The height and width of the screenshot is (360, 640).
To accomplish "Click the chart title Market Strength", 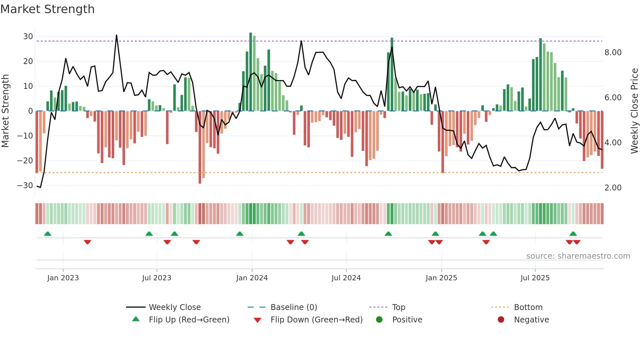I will click(x=47, y=9).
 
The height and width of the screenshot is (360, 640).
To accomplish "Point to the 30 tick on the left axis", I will click(x=28, y=37).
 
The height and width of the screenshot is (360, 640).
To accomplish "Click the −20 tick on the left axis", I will click(x=25, y=161).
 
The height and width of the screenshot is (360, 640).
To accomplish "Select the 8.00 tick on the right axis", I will click(x=613, y=53).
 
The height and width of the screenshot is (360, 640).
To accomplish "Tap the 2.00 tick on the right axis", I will click(x=613, y=188).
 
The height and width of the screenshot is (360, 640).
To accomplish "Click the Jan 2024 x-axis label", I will click(x=252, y=278).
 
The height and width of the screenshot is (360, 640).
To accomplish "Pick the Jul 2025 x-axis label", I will click(x=535, y=278).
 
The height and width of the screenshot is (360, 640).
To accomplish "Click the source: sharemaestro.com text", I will click(x=578, y=256).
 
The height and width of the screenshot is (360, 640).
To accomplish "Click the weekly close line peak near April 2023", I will click(x=117, y=35).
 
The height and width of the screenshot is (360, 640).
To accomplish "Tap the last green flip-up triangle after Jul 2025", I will click(x=573, y=234).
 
